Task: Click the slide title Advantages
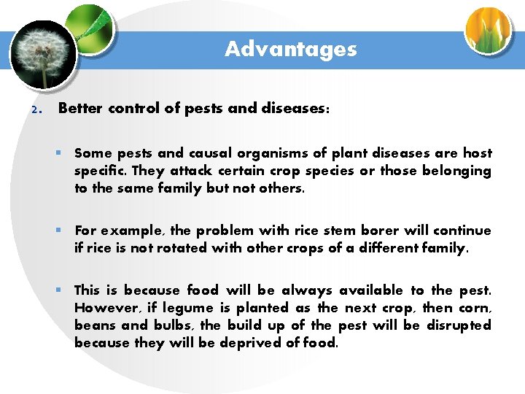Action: tap(290, 49)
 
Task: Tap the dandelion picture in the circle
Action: tap(44, 53)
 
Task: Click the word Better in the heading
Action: tap(81, 108)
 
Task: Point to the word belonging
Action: tap(459, 171)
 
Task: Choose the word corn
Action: tap(475, 308)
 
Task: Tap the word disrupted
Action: tap(458, 325)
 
